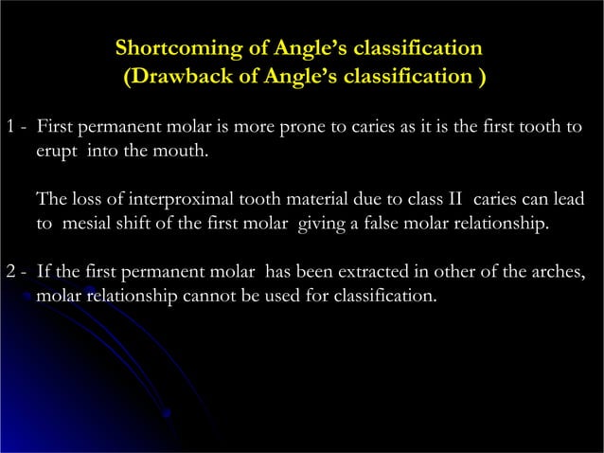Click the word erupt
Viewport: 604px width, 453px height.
(x=59, y=151)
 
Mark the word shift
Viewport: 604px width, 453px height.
(x=133, y=225)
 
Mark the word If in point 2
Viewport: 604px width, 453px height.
(x=44, y=274)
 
